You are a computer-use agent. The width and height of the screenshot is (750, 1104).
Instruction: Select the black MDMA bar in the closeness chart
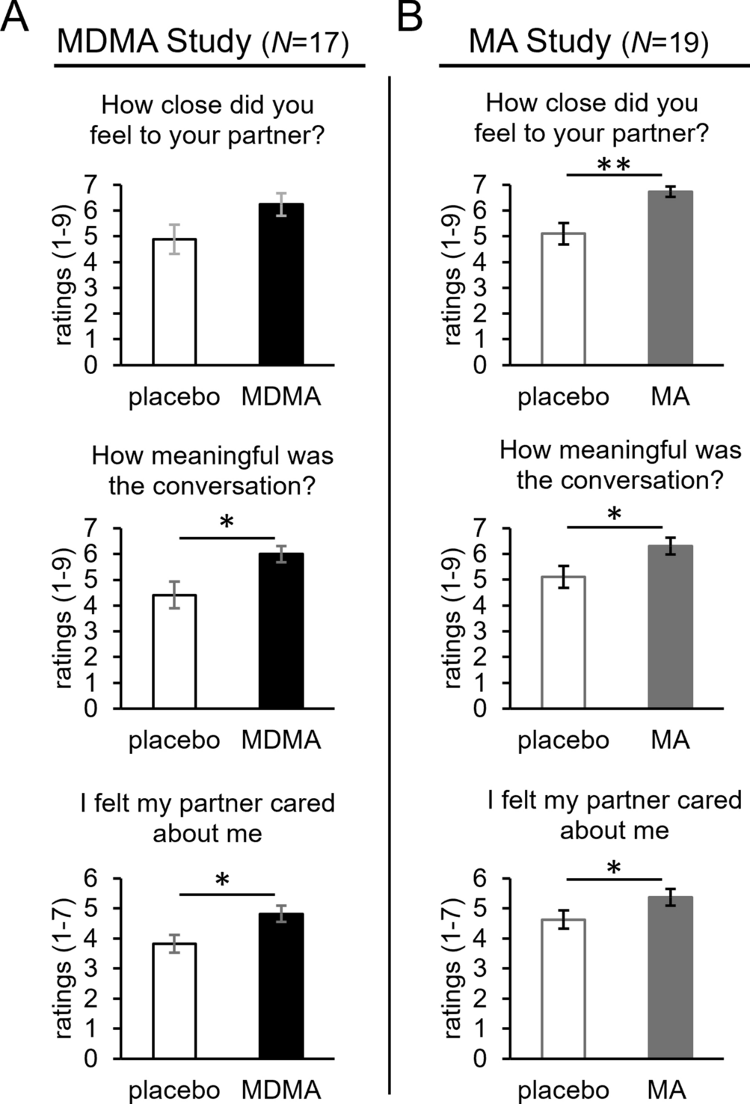click(281, 284)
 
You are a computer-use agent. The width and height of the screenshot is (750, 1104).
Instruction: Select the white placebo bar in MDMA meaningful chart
click(174, 651)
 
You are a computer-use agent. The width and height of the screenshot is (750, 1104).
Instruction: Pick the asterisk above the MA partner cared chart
click(615, 868)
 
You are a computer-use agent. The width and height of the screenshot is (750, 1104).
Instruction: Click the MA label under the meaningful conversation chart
click(670, 740)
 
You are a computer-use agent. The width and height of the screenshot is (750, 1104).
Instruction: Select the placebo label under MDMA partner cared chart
click(174, 1089)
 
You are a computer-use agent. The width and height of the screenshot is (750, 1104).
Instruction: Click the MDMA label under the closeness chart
click(281, 396)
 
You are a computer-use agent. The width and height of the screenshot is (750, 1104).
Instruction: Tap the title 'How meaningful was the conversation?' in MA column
click(620, 464)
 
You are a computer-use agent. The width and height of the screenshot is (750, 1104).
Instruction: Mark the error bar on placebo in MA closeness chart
click(564, 233)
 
